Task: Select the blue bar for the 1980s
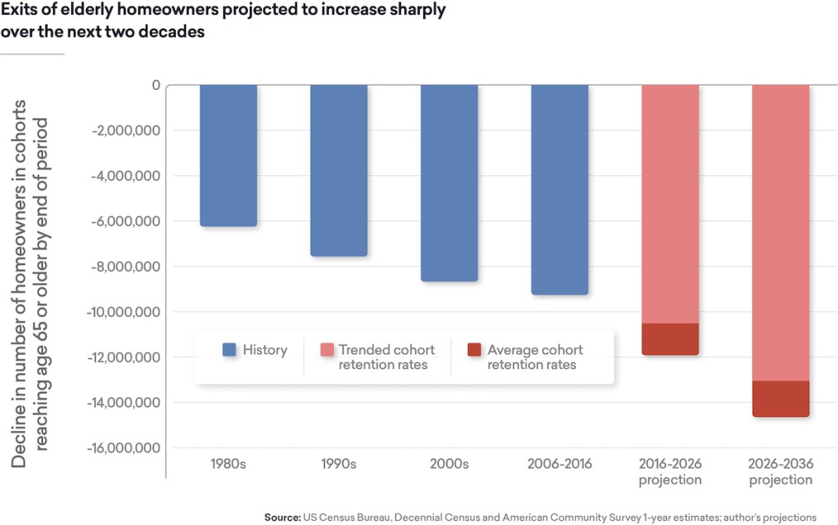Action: [228, 155]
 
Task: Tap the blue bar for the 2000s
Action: [449, 183]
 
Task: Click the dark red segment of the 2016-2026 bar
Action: [670, 339]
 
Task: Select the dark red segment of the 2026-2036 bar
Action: [781, 399]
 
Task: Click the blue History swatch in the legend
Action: [230, 350]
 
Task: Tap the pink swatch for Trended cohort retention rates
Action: [327, 350]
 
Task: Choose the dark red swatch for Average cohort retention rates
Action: [475, 350]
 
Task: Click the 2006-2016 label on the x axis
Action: [560, 464]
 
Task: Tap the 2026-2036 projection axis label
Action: [781, 471]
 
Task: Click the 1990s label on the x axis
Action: [339, 464]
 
